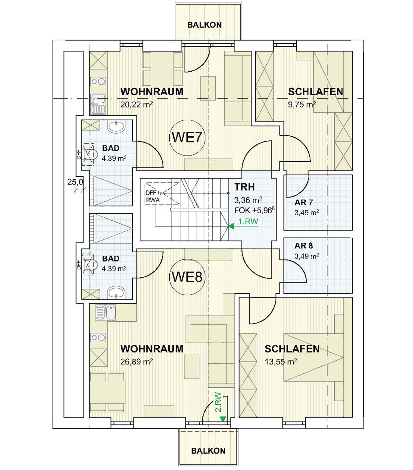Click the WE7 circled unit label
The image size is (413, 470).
point(187,138)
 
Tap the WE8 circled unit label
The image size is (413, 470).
point(187,277)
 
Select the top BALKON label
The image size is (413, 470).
point(205,25)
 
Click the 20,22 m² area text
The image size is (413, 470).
point(136,104)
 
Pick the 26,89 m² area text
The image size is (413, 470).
point(136,361)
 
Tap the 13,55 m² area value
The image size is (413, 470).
point(281,361)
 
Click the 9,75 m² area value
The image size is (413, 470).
point(302,104)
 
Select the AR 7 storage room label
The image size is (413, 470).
point(303,202)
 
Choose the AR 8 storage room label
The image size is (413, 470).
point(303,246)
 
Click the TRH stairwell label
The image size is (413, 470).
point(244,187)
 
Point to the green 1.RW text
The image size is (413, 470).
point(248,221)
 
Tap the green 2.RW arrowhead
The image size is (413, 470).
point(223,418)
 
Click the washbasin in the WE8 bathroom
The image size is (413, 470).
point(116,292)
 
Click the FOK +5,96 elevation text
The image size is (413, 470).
point(254,210)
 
